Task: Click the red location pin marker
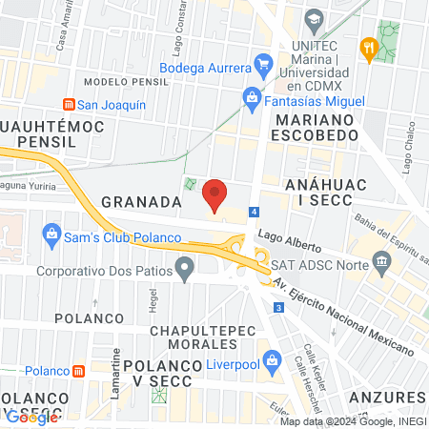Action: (215, 195)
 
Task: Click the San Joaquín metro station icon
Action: (67, 104)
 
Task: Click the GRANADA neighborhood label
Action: (141, 202)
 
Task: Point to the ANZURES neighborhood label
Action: (387, 396)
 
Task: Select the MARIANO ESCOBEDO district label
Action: (315, 130)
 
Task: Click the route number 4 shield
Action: (254, 211)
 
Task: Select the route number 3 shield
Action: (277, 307)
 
